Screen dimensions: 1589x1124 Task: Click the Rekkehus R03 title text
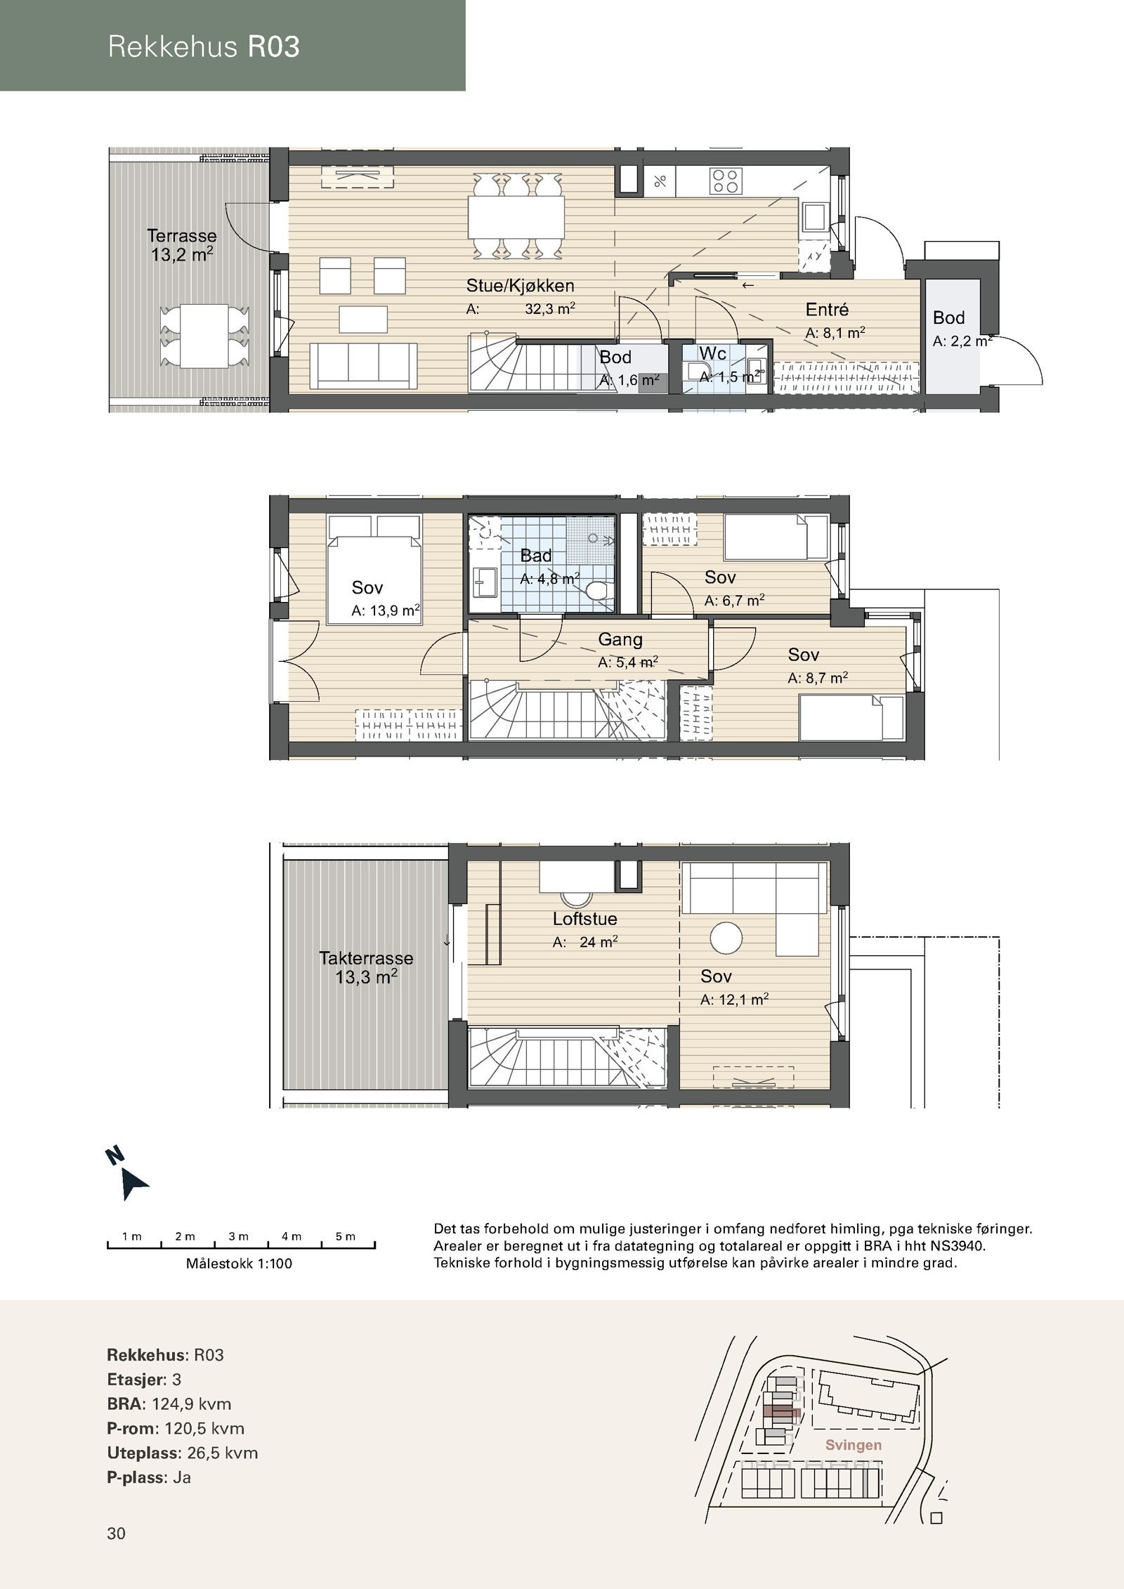[x=204, y=46]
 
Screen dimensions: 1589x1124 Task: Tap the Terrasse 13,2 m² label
[x=182, y=245]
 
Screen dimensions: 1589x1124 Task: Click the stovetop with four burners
[x=726, y=181]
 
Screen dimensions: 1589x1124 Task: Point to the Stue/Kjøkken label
[x=520, y=286]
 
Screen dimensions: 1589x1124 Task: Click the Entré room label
[x=827, y=310]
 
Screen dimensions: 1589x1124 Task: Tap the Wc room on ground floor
[x=720, y=363]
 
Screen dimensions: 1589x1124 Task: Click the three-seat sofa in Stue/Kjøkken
[x=364, y=365]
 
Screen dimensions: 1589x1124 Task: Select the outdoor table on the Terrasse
[x=204, y=335]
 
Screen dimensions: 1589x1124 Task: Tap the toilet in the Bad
[x=598, y=591]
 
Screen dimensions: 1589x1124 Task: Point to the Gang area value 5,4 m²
[x=627, y=662]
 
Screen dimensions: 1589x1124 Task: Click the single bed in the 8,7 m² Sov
[x=851, y=717]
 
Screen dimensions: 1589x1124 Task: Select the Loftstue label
[x=584, y=919]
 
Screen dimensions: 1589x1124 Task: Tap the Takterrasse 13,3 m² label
[x=366, y=967]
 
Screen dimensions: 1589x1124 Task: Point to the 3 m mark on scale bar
[x=239, y=1236]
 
